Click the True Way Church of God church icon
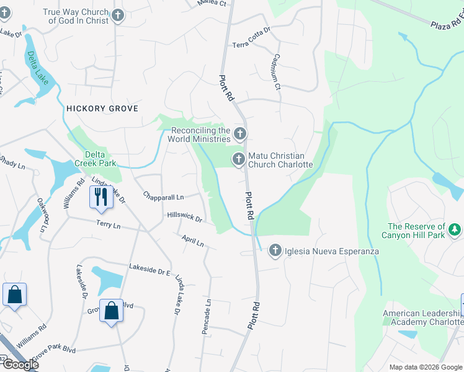[x=118, y=17]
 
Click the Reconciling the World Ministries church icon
[x=239, y=134]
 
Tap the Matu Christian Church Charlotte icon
[x=238, y=160]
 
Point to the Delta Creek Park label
[x=96, y=159]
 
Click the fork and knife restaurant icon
[x=99, y=197]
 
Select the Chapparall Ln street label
[x=163, y=197]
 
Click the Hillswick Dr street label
[x=185, y=217]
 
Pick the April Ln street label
[x=193, y=241]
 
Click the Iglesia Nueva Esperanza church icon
[x=275, y=251]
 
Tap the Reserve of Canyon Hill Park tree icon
[x=455, y=230]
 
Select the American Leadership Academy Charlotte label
[x=422, y=318]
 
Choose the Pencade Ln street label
[x=207, y=317]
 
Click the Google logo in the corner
[x=20, y=364]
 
